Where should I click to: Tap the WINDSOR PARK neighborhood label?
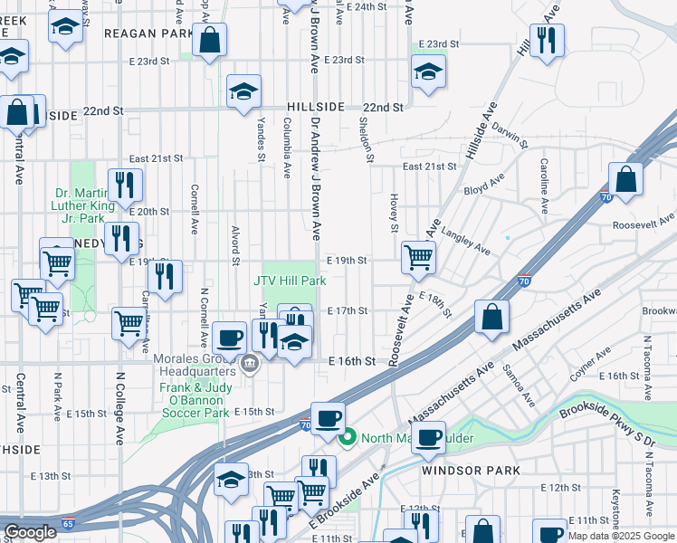[x=470, y=471]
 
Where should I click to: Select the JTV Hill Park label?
[x=290, y=281]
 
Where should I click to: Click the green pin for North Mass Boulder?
[x=347, y=439]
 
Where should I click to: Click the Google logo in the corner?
[x=30, y=532]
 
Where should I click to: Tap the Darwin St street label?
[x=510, y=136]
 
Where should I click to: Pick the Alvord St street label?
[x=235, y=243]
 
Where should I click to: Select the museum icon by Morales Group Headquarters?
[x=250, y=367]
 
